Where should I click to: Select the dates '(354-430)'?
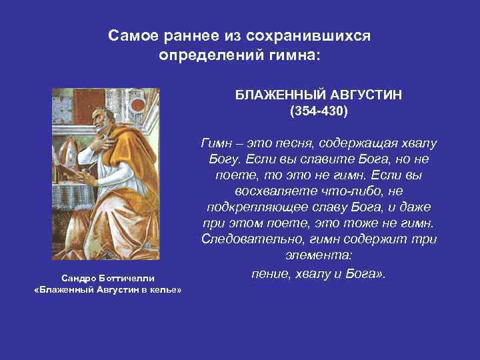tap(318, 111)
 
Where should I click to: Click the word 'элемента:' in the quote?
tap(318, 255)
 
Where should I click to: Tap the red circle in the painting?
tap(139, 105)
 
